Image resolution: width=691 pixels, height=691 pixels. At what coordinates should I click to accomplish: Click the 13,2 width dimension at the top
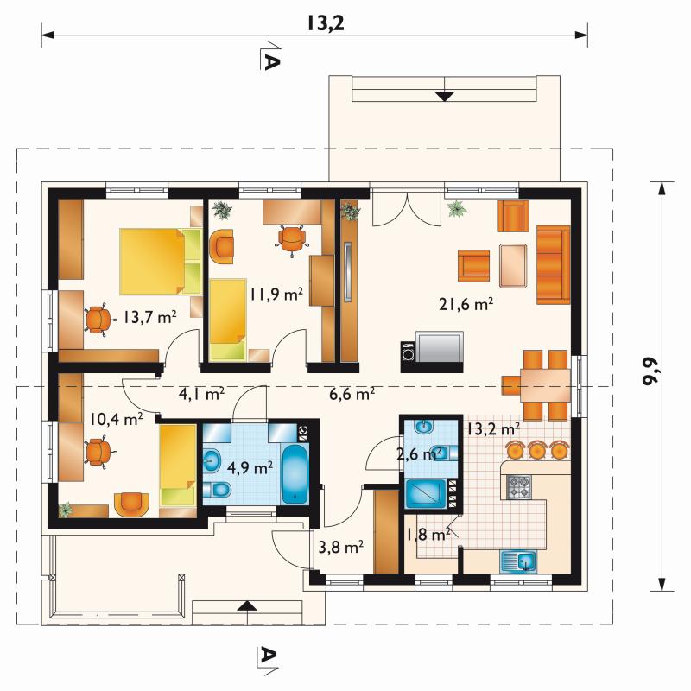coord(326,24)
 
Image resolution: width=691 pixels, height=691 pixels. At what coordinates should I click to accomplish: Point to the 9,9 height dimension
coord(651,371)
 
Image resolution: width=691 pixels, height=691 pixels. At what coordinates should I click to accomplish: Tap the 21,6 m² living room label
coord(466,304)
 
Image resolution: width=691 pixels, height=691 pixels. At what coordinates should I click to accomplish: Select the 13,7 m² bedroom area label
coord(149,317)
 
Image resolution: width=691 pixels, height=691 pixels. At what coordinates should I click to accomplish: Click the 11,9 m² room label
coord(276,294)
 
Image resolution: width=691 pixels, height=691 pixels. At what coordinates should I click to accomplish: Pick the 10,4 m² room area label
coord(117,419)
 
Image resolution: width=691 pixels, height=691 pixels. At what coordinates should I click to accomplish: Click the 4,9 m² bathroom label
coord(250,467)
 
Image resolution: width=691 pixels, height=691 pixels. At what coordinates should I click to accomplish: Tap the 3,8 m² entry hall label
coord(340,548)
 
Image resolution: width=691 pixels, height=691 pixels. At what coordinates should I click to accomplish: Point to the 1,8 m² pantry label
coord(428,535)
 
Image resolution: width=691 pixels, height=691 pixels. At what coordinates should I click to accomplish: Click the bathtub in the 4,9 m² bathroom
coord(295,473)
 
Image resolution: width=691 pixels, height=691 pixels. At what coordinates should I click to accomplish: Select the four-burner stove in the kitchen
coord(520,487)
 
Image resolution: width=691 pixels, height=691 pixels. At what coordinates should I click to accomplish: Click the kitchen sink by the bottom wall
coord(518,562)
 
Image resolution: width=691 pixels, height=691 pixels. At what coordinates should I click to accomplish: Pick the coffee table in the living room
coord(513,265)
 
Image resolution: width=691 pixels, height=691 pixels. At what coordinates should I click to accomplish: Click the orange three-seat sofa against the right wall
coord(554,265)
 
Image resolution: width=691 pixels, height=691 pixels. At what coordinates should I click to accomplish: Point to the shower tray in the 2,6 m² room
coord(426,493)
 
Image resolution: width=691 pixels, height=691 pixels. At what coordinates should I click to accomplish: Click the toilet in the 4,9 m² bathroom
coord(217,489)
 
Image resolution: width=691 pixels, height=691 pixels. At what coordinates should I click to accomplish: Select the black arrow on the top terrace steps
coord(445,96)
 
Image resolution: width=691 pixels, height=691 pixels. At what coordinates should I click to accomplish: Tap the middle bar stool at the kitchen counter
coord(536,449)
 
